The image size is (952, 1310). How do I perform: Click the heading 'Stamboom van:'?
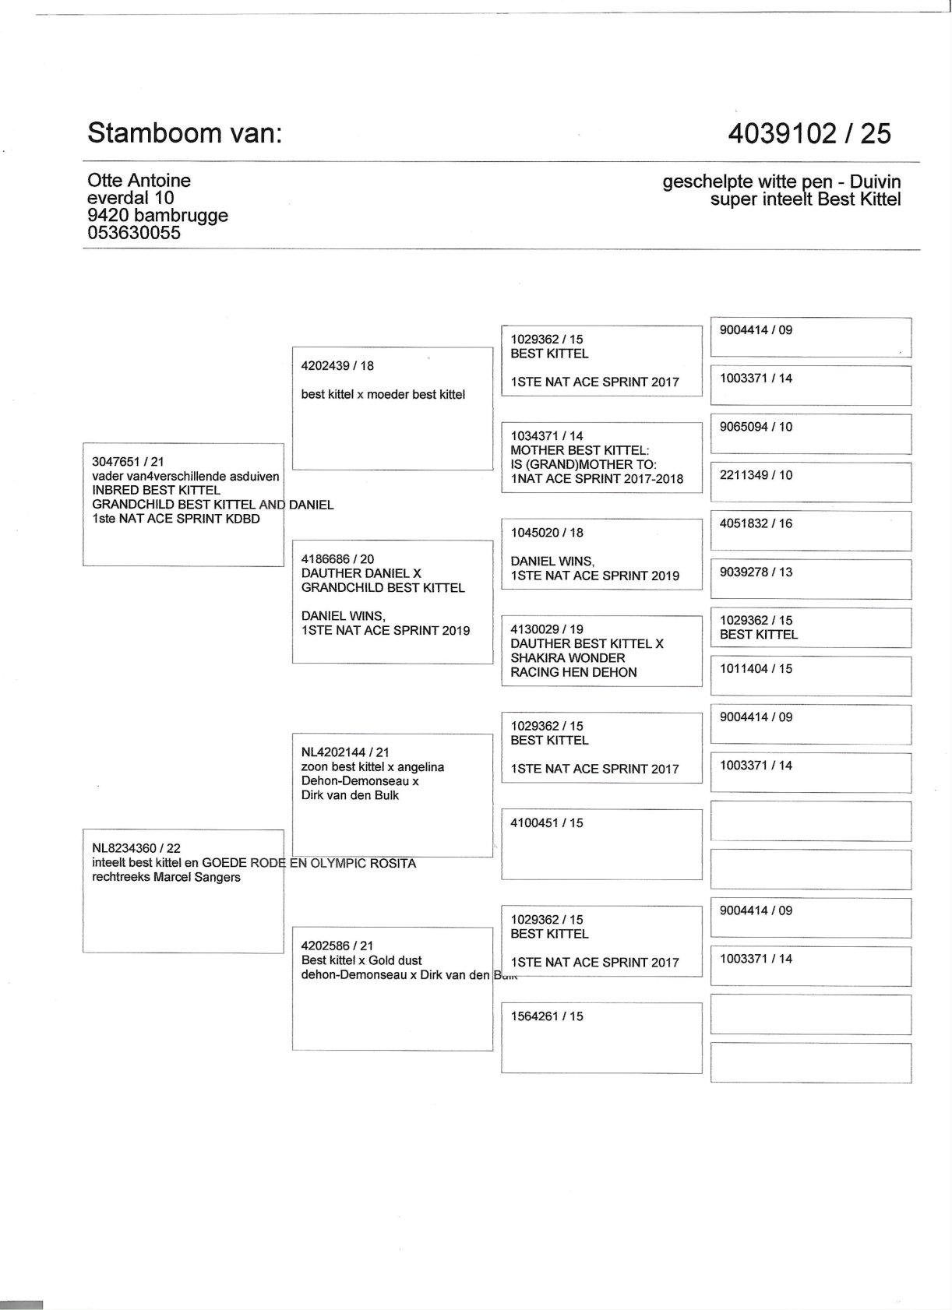(x=184, y=133)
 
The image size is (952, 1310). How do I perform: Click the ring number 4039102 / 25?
(x=809, y=134)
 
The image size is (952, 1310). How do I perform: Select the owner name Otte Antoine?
(x=139, y=181)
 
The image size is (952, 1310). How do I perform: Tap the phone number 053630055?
(x=133, y=233)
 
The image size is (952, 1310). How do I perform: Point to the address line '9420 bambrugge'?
(x=157, y=215)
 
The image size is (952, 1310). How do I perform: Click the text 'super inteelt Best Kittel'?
(x=806, y=199)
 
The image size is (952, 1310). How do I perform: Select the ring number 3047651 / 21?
(x=128, y=462)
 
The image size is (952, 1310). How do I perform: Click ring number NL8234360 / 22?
(x=136, y=848)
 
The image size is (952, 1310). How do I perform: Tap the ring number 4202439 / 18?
(x=337, y=366)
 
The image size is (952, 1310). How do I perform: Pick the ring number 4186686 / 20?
(x=337, y=559)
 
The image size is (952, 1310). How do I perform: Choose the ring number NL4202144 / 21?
(x=345, y=752)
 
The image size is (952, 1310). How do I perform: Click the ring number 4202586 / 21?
(x=337, y=946)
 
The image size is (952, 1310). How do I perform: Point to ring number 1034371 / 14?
(x=547, y=436)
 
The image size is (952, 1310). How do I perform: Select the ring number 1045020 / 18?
(x=547, y=533)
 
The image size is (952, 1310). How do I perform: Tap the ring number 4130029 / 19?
(x=547, y=629)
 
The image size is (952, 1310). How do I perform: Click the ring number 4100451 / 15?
(x=547, y=822)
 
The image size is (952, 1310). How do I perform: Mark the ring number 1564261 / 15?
(x=547, y=1016)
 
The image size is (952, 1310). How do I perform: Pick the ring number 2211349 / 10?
(x=756, y=475)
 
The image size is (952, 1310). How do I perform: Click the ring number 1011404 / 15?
(x=756, y=668)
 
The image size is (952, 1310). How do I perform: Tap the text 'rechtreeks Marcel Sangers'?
(x=166, y=877)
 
